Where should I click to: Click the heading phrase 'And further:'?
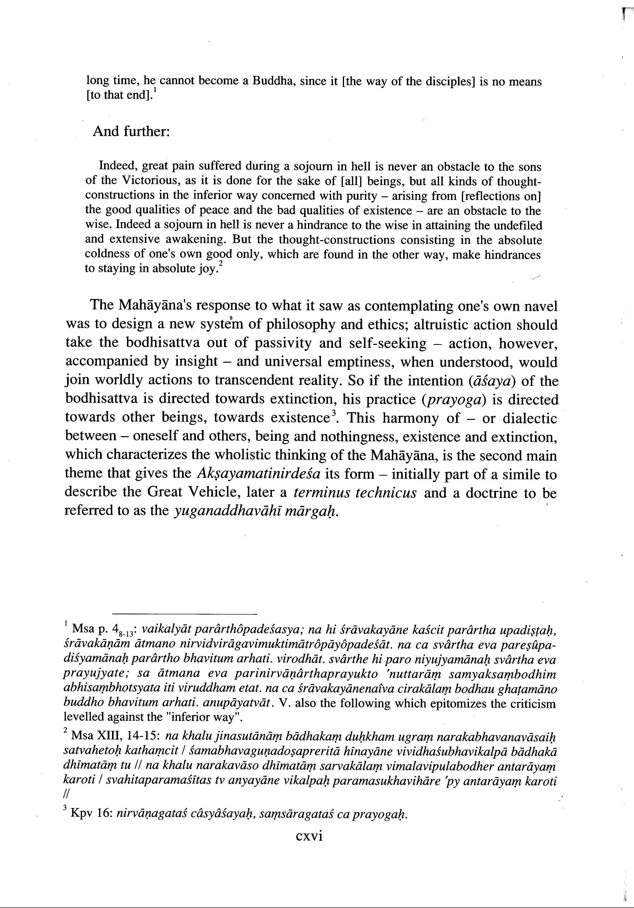click(131, 131)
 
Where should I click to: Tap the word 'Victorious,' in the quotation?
click(152, 180)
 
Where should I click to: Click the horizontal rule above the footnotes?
click(185, 614)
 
